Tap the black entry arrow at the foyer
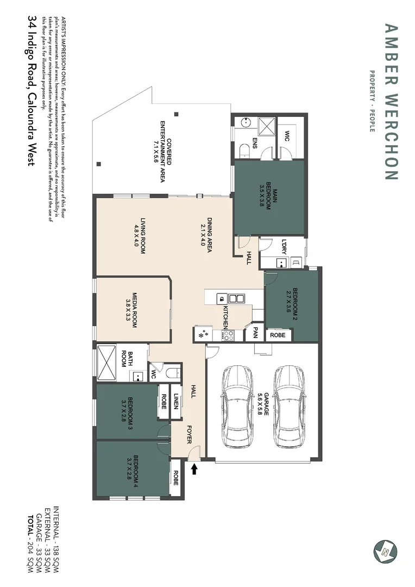(194, 468)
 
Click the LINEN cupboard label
(176, 402)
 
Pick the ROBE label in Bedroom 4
(175, 478)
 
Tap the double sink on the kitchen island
(236, 298)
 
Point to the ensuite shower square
(266, 127)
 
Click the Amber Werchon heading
(391, 101)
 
